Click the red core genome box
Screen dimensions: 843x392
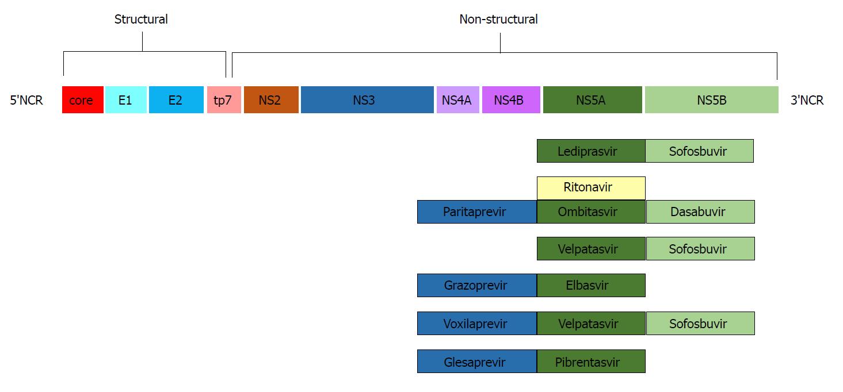pyautogui.click(x=83, y=99)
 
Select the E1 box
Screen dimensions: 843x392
pyautogui.click(x=125, y=99)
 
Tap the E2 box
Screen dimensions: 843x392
pyautogui.click(x=176, y=99)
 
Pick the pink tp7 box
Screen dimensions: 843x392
pyautogui.click(x=224, y=99)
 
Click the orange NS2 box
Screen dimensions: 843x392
pyautogui.click(x=271, y=99)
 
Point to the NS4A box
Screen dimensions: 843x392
pyautogui.click(x=457, y=99)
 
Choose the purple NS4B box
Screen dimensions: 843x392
pyautogui.click(x=511, y=99)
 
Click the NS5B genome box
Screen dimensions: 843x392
pyautogui.click(x=712, y=99)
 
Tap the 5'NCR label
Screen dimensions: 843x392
pyautogui.click(x=26, y=101)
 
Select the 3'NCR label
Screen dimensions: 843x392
pyautogui.click(x=807, y=101)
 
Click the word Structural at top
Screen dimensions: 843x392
pyautogui.click(x=141, y=19)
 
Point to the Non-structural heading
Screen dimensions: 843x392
pyautogui.click(x=498, y=19)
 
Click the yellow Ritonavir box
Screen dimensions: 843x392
pyautogui.click(x=591, y=188)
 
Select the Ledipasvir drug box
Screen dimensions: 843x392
pyautogui.click(x=591, y=151)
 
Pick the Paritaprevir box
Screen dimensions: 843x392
pyautogui.click(x=477, y=212)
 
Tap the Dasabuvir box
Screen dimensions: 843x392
pyautogui.click(x=700, y=212)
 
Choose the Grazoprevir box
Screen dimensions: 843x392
pyautogui.click(x=477, y=285)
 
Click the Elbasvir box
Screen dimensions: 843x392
pyautogui.click(x=591, y=285)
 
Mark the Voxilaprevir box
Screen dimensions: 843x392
pyautogui.click(x=477, y=323)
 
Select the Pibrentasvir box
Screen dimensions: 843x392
pyautogui.click(x=591, y=362)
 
